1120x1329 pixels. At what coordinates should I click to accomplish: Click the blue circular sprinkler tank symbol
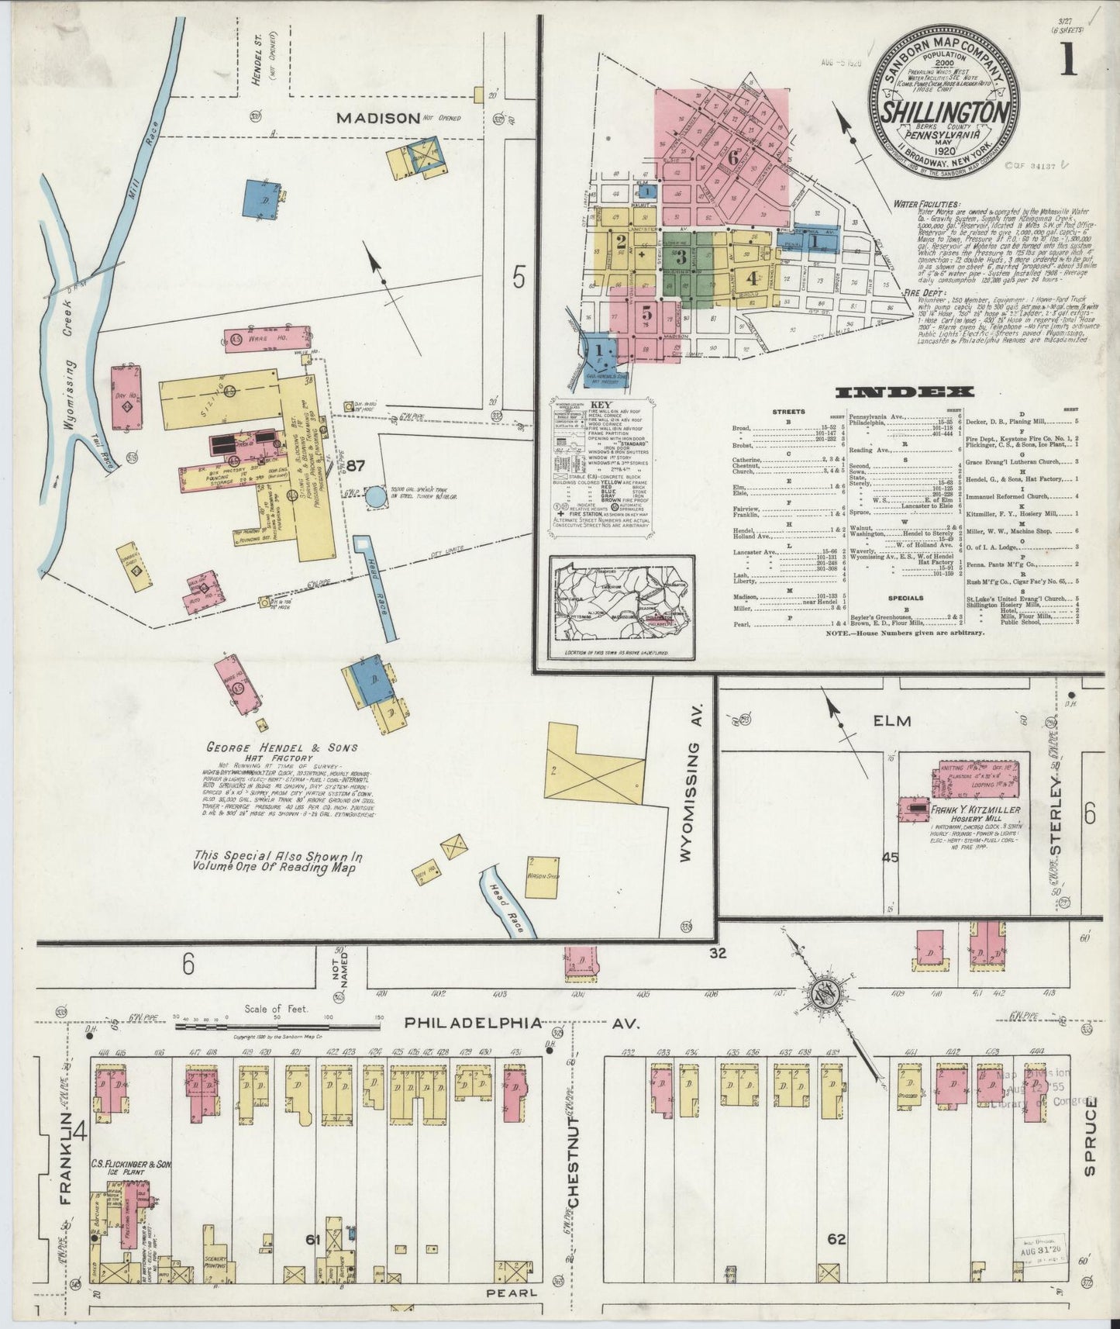[376, 497]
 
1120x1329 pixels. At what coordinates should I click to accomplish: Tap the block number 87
[356, 466]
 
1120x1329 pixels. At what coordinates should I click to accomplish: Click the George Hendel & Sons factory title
[282, 747]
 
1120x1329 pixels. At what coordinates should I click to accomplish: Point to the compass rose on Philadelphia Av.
[826, 995]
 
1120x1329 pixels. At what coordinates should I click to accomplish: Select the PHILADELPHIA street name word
[473, 1024]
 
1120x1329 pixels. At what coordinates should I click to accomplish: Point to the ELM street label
[893, 721]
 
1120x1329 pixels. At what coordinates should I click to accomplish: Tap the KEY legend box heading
[600, 406]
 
